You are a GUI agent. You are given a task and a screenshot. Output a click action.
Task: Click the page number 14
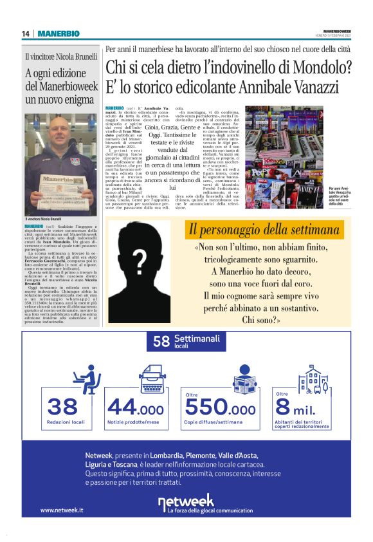(26, 33)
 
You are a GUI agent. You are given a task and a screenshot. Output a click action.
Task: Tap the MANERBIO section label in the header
(59, 33)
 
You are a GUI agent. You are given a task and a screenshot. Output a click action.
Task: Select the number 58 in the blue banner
(161, 341)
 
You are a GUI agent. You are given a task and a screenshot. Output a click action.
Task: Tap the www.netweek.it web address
(62, 510)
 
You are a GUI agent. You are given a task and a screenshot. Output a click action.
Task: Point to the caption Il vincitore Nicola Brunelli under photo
(48, 219)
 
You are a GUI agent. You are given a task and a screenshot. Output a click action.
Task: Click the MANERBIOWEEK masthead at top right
(337, 30)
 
